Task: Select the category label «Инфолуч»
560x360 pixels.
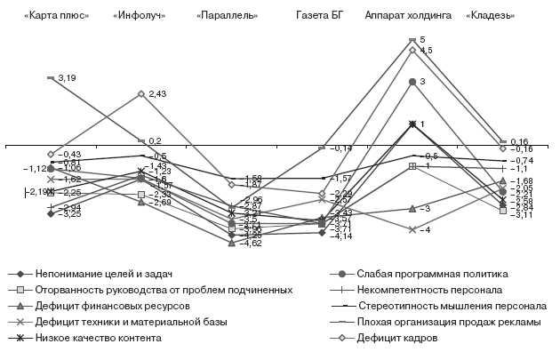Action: [140, 16]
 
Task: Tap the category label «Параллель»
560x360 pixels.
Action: [228, 16]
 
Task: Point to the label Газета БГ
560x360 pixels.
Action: [323, 16]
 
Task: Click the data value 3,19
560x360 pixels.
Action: [67, 79]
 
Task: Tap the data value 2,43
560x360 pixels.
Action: [158, 93]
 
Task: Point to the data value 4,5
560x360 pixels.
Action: [427, 51]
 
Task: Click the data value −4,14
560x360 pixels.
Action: [341, 236]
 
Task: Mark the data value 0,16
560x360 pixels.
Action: [519, 140]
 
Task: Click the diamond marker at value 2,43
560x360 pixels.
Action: [141, 93]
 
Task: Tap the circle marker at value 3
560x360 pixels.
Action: [412, 82]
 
